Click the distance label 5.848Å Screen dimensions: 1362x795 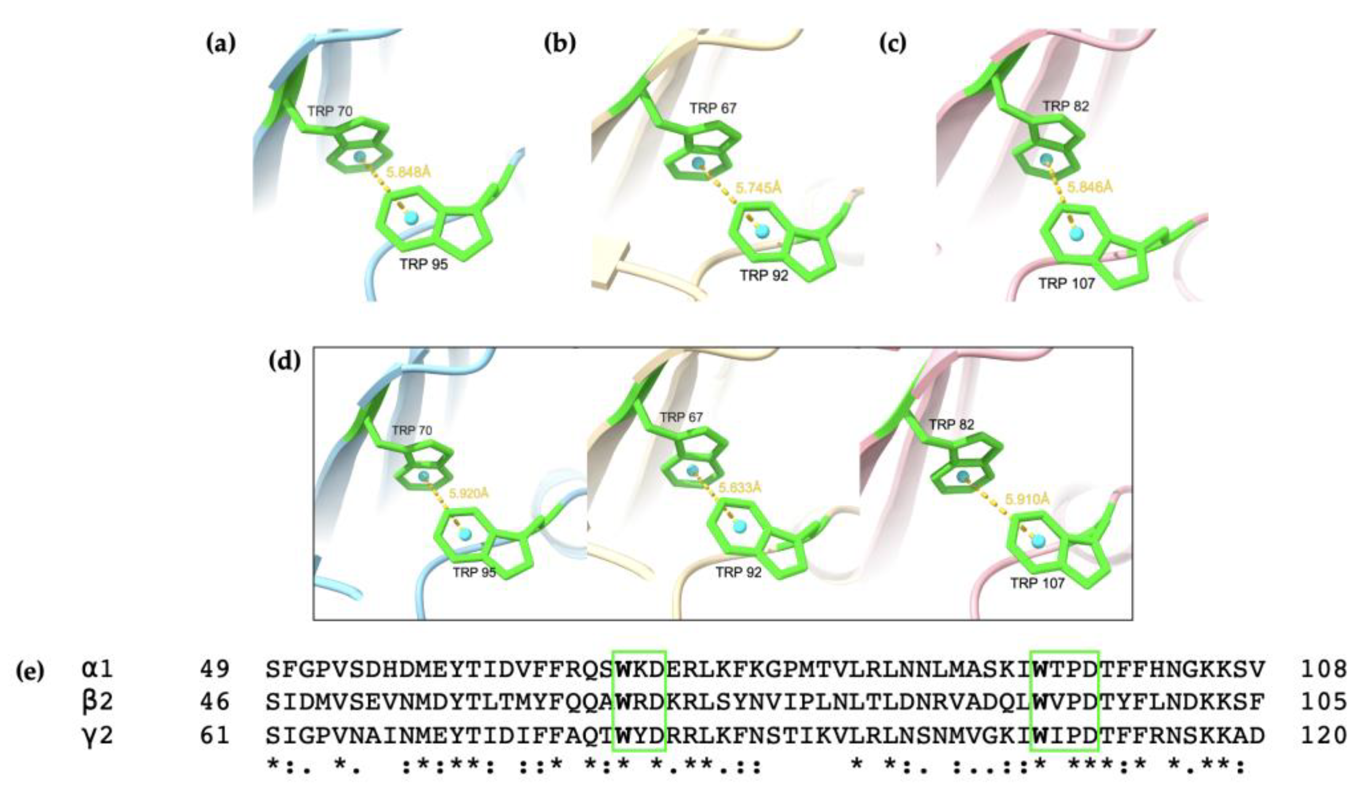409,172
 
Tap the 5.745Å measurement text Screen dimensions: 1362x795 758,188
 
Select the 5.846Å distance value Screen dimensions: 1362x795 1090,187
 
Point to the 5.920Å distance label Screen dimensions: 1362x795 469,493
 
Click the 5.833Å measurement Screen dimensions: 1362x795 739,488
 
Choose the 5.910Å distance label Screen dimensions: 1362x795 1027,499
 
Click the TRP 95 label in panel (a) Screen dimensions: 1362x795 424,264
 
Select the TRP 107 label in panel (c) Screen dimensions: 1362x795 1066,283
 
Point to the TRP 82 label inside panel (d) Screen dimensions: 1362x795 951,425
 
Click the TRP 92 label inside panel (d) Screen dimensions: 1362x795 738,572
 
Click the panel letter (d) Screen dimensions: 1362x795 284,362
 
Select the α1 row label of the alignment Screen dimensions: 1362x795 97,669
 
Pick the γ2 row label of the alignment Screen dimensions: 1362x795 97,736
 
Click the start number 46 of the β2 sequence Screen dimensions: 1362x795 214,703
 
